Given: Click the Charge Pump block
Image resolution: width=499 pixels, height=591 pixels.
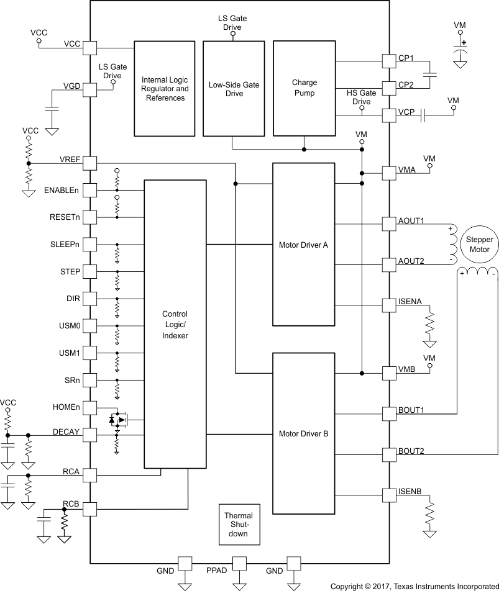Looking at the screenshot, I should [304, 88].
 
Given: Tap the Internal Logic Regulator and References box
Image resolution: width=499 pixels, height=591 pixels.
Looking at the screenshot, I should [165, 89].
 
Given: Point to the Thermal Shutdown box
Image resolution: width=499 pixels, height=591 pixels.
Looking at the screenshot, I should [239, 525].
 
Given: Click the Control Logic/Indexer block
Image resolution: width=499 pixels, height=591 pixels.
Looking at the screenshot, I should [175, 324].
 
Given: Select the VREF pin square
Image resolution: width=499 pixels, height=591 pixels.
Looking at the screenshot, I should [90, 163].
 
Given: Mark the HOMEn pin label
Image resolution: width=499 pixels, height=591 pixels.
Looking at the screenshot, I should [65, 407].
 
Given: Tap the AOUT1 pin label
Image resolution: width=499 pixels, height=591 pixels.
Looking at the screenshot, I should [411, 220].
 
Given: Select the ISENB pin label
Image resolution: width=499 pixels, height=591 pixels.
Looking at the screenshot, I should [410, 492].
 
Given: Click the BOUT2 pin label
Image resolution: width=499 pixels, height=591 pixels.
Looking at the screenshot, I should [411, 451].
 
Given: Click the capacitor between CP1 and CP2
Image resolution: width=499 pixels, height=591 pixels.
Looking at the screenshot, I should [429, 74].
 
